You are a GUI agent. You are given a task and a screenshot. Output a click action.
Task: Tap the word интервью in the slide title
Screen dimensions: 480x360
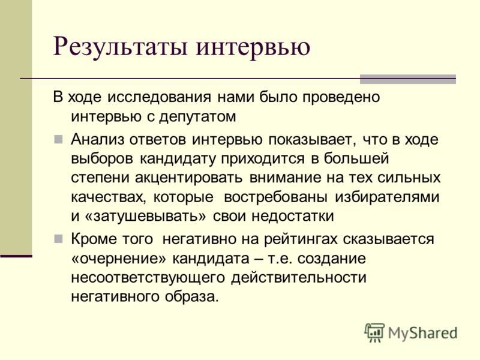click(253, 47)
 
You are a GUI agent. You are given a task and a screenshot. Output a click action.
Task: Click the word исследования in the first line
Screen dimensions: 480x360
click(160, 97)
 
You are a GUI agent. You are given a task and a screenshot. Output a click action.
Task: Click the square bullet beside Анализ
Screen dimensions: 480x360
click(58, 139)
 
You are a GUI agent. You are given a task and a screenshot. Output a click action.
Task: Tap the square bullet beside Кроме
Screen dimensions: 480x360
click(58, 239)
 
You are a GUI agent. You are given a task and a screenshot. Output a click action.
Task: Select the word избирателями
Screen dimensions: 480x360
click(387, 197)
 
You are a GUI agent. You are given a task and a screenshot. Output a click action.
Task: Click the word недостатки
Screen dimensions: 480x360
click(293, 217)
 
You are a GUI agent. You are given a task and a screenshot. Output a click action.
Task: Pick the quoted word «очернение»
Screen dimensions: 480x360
click(119, 259)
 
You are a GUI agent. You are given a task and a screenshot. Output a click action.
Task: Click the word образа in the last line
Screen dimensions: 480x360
click(192, 297)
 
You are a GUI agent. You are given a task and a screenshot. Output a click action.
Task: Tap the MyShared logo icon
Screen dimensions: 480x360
click(374, 332)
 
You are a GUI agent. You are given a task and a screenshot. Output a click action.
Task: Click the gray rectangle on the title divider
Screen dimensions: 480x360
click(408, 79)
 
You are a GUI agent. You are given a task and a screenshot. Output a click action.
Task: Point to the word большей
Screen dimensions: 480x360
click(356, 159)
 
